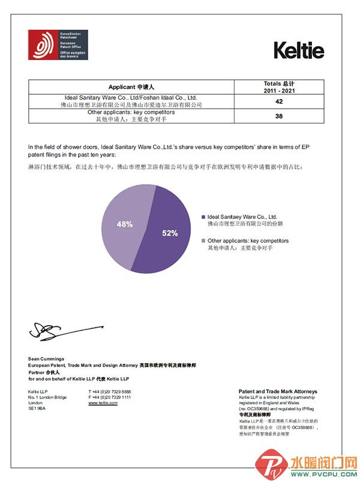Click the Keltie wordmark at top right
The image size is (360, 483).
click(299, 50)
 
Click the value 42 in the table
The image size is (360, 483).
click(279, 101)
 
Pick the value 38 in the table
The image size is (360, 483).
click(279, 116)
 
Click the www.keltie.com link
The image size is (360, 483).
click(103, 403)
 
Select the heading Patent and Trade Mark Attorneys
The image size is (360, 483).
click(277, 391)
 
